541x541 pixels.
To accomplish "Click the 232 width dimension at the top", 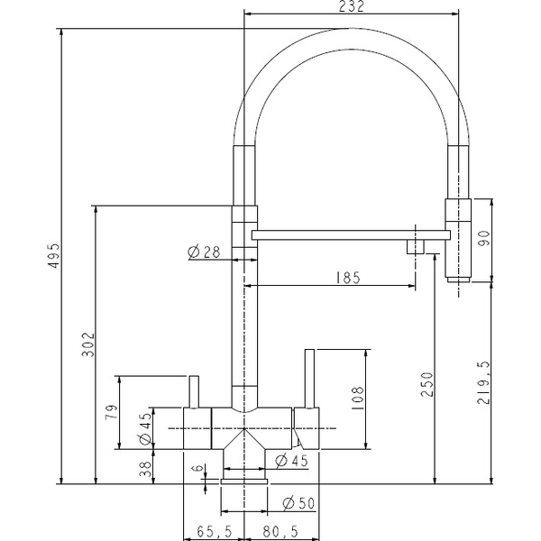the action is tap(352, 6).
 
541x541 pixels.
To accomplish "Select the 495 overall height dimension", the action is tap(54, 256).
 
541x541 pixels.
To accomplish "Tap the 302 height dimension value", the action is tap(88, 344).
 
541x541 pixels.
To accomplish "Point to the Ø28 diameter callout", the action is tap(204, 252).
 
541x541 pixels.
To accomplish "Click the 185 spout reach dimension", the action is tap(348, 278).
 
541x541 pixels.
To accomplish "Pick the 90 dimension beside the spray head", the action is tap(483, 238).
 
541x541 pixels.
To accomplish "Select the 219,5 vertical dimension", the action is tap(483, 382).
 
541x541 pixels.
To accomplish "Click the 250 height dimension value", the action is tap(426, 384).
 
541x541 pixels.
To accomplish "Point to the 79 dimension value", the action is tap(112, 412).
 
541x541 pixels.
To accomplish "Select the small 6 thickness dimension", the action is tap(197, 469).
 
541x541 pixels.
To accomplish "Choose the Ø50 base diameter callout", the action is tap(298, 504).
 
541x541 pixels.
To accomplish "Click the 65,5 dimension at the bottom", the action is tap(215, 531).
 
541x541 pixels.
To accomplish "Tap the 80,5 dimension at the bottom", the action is tap(280, 531).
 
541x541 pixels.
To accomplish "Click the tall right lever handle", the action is tap(309, 379).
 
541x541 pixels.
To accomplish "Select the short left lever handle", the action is tap(194, 392).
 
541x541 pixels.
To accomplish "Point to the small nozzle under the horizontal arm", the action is tap(416, 247).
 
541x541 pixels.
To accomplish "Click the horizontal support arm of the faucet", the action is tap(351, 235).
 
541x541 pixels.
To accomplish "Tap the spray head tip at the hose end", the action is tap(458, 280).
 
